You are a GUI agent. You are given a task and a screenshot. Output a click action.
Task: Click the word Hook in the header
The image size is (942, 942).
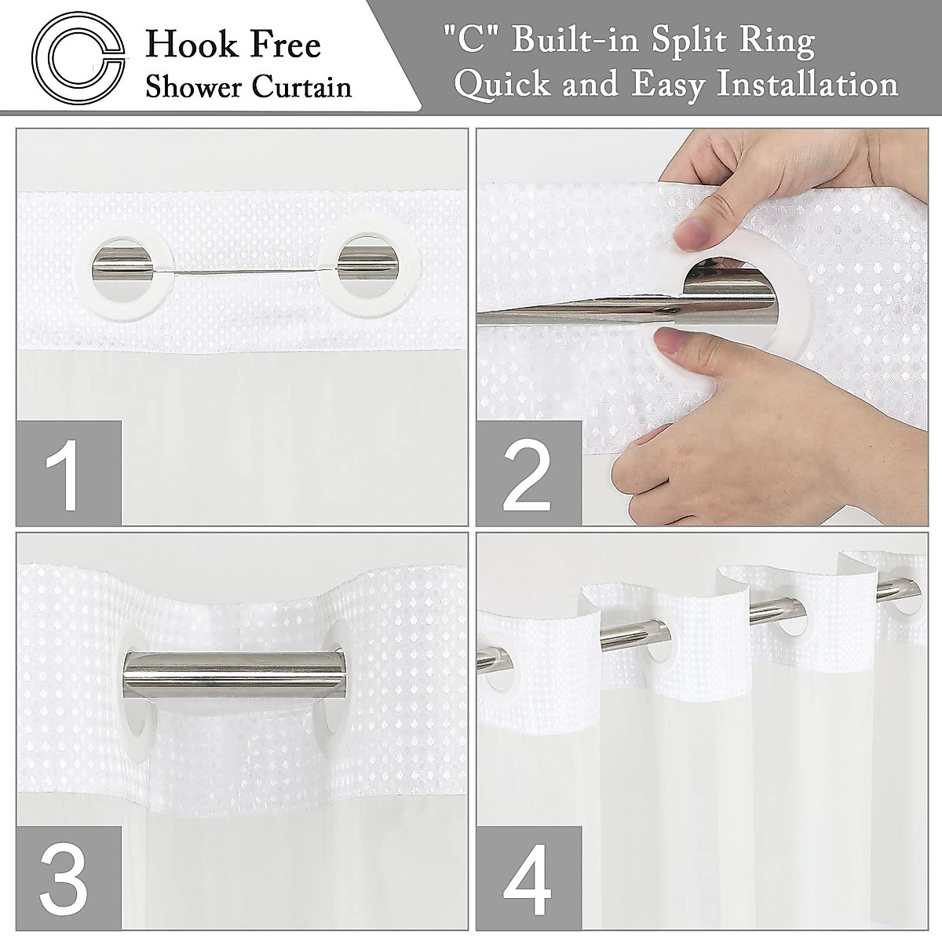click(183, 46)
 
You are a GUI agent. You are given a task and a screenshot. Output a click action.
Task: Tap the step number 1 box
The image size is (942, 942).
click(69, 473)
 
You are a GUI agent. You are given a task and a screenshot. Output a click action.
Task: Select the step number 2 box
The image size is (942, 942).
click(528, 473)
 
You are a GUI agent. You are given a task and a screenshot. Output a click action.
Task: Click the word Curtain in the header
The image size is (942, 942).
click(301, 86)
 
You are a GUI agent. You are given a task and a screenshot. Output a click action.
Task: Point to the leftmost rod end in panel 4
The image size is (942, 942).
click(489, 652)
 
